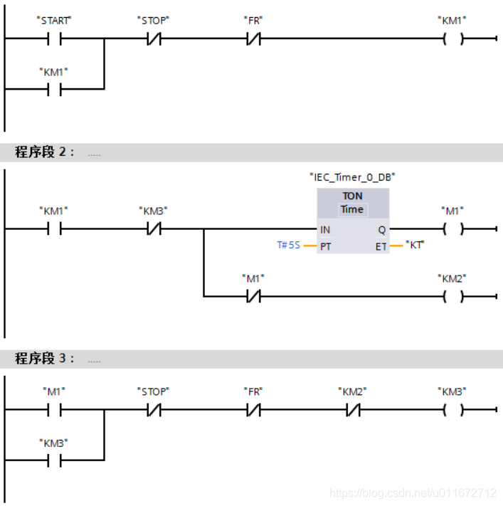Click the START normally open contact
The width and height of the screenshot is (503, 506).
coord(54,39)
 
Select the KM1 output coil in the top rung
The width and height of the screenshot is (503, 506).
coord(452,39)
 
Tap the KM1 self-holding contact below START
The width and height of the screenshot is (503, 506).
coord(54,89)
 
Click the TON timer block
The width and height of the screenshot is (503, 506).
coord(352,221)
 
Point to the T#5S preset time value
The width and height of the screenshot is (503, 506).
coord(288,246)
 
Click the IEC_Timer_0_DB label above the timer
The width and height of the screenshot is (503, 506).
coord(351,176)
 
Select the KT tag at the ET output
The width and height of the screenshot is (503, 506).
coord(414,245)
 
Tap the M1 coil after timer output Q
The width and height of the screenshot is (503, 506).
coord(452,229)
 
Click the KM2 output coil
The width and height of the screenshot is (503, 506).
coord(452,295)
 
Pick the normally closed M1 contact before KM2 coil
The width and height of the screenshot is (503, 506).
coord(254,295)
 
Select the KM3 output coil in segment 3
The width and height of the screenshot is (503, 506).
coord(452,410)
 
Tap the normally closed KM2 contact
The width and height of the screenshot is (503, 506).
coord(353,410)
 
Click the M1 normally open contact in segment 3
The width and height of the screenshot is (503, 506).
coord(54,410)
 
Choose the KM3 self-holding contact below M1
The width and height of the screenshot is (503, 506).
coord(54,460)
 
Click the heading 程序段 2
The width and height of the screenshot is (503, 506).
coord(44,152)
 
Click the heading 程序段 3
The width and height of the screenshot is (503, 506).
coord(44,359)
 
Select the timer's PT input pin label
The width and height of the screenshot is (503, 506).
coord(325,246)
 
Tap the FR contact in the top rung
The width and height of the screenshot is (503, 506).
coord(254,39)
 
